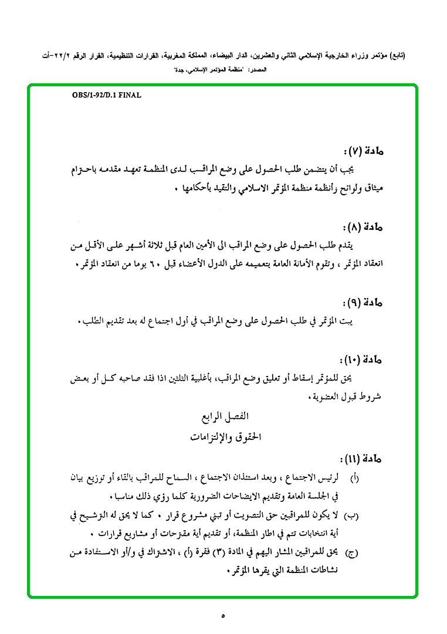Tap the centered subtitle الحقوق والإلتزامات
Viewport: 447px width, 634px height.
[x=225, y=437]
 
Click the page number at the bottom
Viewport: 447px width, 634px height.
[x=223, y=615]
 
